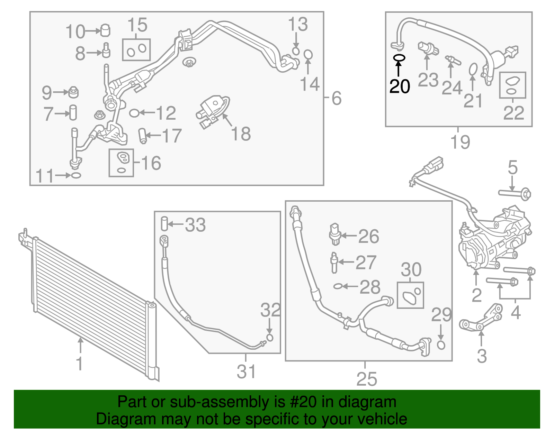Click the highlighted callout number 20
coord(399,86)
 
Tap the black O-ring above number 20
coord(399,58)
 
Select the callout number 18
coord(241,134)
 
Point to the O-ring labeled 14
coord(308,55)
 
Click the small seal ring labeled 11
coord(76,175)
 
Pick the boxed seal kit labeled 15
coord(136,50)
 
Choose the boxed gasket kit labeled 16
coord(121,163)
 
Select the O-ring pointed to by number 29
coord(441,345)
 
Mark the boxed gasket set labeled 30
coord(410,295)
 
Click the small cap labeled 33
coord(164,223)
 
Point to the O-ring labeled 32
coord(270,338)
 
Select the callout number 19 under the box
coord(460,142)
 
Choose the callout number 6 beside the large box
coord(337,98)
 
